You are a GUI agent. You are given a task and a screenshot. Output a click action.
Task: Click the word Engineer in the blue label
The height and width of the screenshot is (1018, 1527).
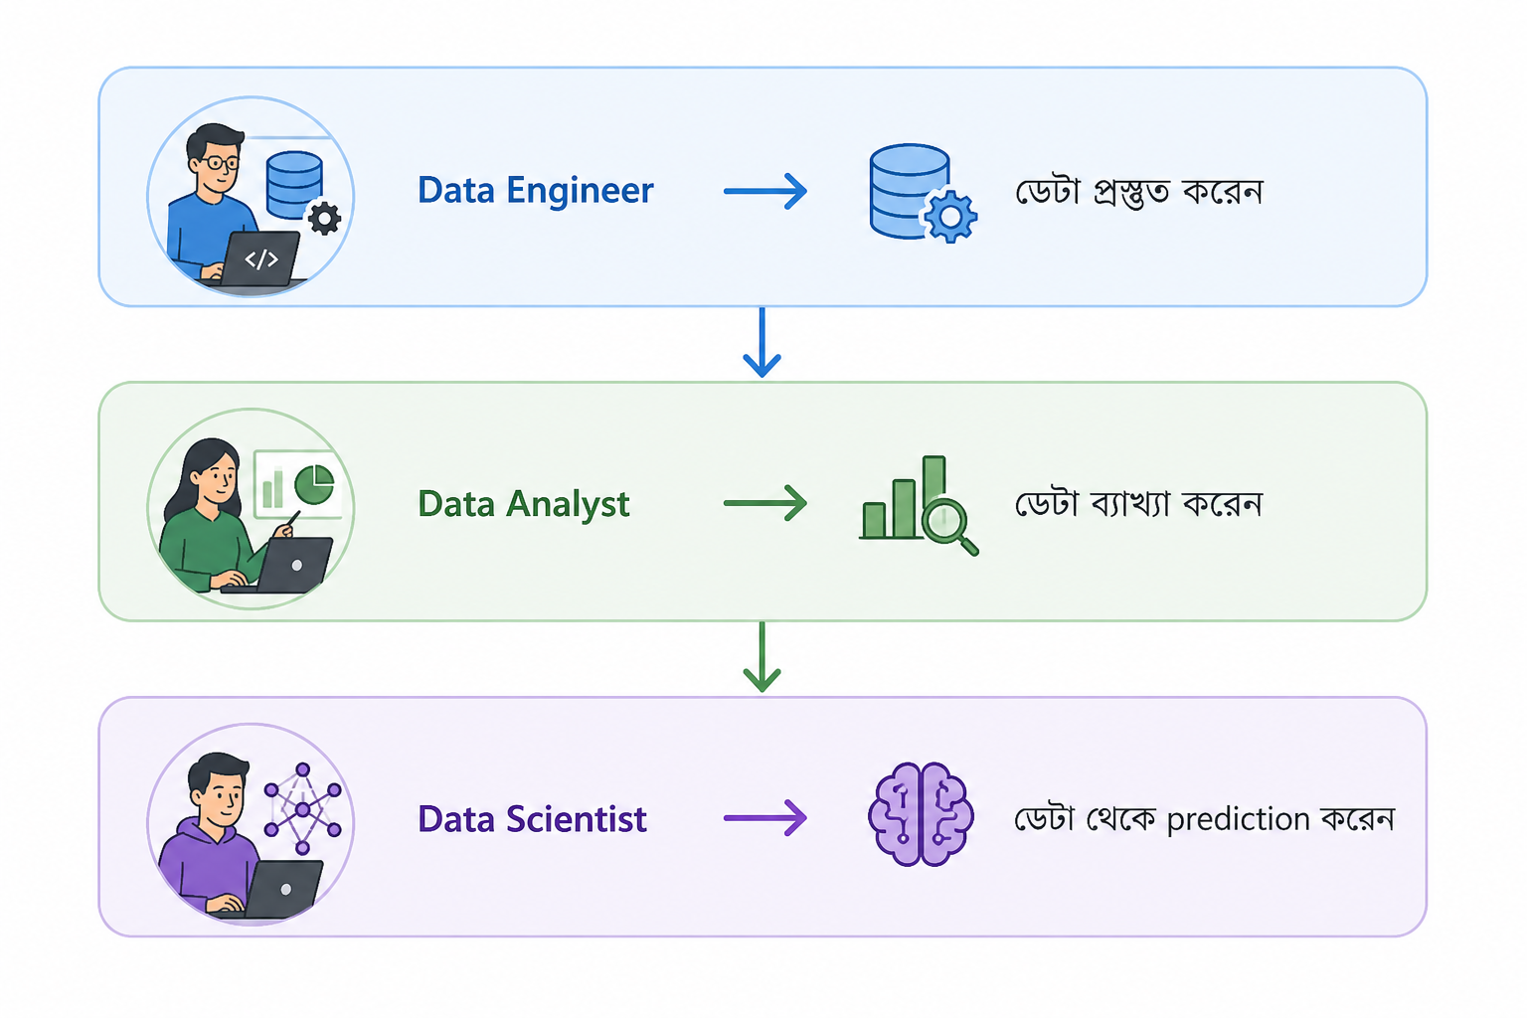click(580, 191)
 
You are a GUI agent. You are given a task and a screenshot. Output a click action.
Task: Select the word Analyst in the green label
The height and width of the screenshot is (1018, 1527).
click(568, 505)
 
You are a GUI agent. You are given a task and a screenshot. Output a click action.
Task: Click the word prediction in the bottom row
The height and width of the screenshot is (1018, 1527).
click(1238, 819)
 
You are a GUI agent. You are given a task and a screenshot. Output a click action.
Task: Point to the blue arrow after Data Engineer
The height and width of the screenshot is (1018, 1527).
click(765, 191)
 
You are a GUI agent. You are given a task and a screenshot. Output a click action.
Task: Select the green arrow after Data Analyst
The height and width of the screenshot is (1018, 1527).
click(765, 504)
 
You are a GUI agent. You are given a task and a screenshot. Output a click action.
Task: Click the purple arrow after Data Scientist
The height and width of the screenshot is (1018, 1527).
click(765, 817)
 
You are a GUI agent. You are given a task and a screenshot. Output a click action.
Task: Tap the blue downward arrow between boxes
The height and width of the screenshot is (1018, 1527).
click(762, 342)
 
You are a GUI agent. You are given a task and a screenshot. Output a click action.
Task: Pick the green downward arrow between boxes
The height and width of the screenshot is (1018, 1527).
click(762, 656)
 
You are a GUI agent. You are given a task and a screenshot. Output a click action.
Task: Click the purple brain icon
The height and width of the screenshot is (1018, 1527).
click(921, 814)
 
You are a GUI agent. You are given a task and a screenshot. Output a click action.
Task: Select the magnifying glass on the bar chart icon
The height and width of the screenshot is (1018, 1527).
click(949, 526)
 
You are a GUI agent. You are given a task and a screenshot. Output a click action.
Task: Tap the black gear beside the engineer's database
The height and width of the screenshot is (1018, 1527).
click(324, 218)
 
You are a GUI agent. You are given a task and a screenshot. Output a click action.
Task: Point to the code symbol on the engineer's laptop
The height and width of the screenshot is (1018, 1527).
click(261, 259)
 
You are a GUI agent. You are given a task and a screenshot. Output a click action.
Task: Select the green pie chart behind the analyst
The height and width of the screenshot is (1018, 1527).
click(314, 485)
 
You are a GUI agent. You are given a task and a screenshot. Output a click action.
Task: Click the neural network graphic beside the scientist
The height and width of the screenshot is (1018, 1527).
click(302, 809)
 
